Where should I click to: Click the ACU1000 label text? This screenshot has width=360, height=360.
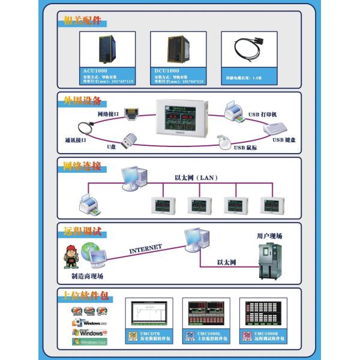pyautogui.click(x=95, y=71)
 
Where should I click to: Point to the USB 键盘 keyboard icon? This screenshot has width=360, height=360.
pyautogui.click(x=275, y=129)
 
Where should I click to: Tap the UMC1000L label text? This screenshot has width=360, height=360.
pyautogui.click(x=209, y=334)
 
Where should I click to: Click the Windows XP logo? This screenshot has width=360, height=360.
pyautogui.click(x=89, y=332)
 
